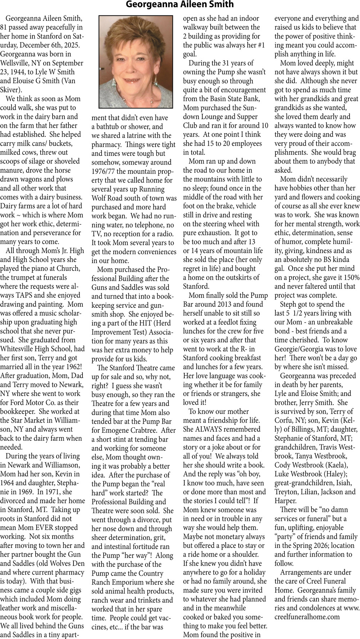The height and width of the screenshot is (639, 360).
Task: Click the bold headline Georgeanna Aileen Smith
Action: click(180, 5)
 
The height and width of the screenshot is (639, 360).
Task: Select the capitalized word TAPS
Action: click(23, 296)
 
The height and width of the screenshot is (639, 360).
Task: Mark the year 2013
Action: click(225, 305)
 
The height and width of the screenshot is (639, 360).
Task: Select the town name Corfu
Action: click(284, 420)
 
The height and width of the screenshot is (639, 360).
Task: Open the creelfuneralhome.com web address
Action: click(307, 617)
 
